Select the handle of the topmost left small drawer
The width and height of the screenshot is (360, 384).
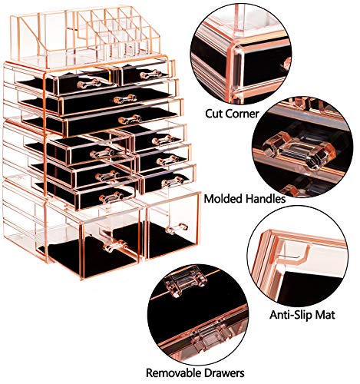coord(85,81)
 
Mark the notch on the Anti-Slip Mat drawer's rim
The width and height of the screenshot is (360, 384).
coord(295,247)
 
